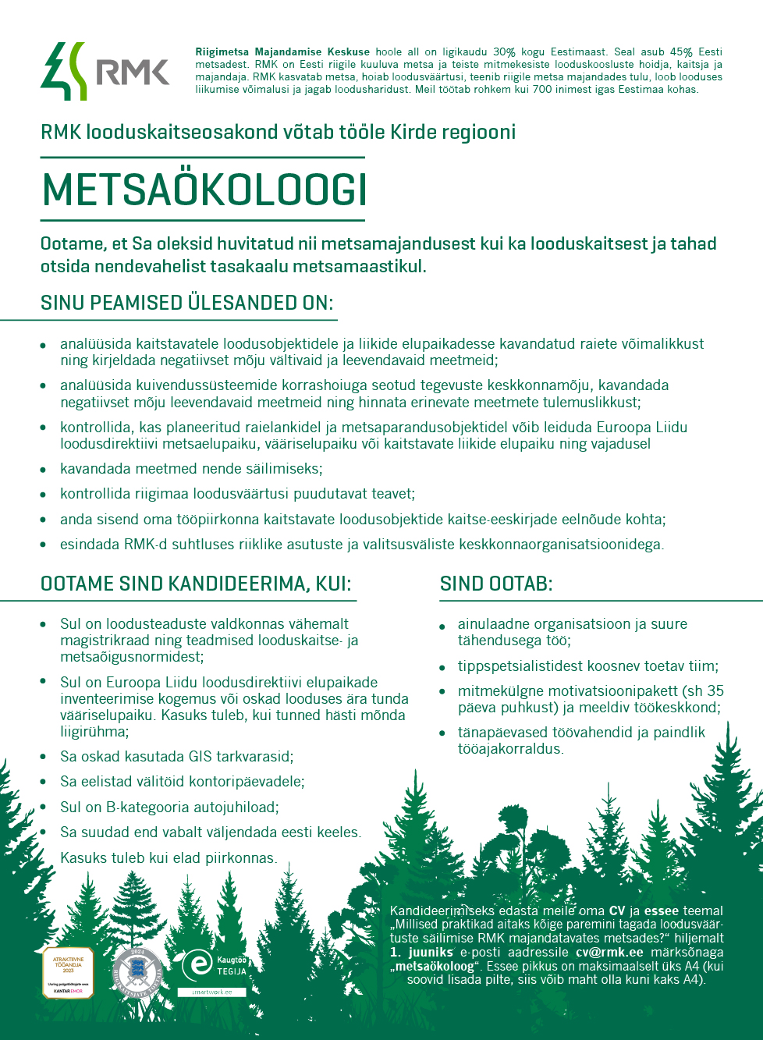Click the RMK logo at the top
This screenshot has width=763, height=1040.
(105, 71)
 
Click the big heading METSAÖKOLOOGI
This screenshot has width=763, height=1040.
(204, 190)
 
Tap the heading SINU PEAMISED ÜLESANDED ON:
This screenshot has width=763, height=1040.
(186, 303)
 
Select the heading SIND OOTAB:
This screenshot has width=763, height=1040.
(495, 584)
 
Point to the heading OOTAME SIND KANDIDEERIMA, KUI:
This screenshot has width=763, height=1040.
(196, 584)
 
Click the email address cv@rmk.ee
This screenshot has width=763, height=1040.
(609, 952)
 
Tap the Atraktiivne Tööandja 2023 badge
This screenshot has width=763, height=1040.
(68, 972)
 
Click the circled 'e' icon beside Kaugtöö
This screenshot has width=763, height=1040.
(197, 965)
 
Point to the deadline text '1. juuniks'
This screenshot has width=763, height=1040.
(421, 952)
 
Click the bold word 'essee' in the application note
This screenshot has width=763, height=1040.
(661, 910)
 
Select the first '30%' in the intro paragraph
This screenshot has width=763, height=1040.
(504, 52)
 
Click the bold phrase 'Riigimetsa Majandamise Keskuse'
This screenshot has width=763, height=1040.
(282, 52)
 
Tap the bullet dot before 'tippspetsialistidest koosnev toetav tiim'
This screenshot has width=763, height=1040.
(442, 667)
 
